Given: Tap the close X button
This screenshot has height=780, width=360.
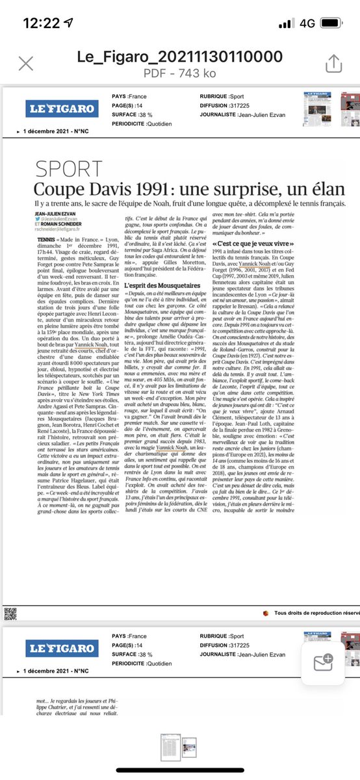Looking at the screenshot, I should coord(26,63).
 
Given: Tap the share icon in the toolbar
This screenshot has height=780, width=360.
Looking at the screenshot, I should coord(333,63).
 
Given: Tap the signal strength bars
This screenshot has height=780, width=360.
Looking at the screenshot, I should coord(286,23).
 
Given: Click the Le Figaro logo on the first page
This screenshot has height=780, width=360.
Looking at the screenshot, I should coord(62,108).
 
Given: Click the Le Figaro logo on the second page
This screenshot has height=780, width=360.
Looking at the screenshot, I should coord(62,648).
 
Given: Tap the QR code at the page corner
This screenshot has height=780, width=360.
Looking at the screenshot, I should coord(9,612).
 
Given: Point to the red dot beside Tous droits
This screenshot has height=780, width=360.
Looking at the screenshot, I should coord(265,612).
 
